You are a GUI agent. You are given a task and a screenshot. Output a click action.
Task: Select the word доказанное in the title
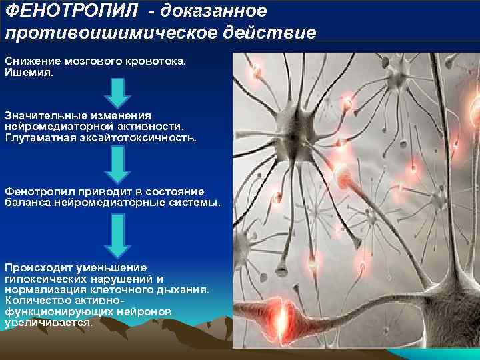coord(213,11)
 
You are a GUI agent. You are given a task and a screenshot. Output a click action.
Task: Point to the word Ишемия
coord(29,71)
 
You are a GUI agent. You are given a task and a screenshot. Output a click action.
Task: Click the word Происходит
coord(37,267)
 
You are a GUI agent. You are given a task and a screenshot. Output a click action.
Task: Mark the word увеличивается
coord(48,322)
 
